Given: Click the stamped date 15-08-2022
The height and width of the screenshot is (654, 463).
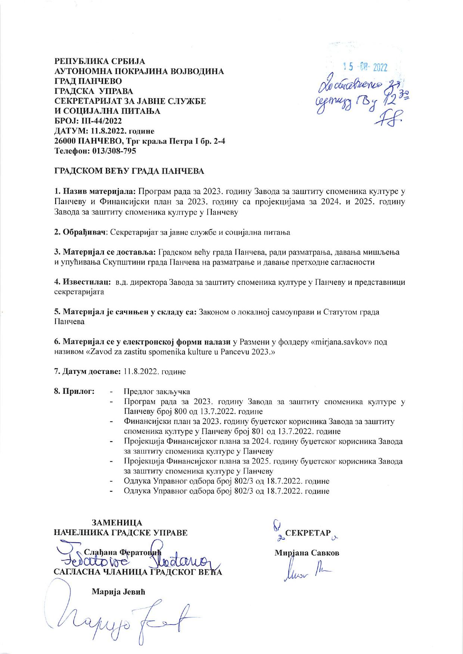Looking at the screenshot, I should click(x=365, y=67).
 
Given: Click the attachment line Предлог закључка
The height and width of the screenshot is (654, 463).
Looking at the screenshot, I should click(x=157, y=392).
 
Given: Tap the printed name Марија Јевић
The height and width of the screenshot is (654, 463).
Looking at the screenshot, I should click(x=118, y=592).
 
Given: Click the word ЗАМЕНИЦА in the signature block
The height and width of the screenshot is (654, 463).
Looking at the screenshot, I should click(x=117, y=523).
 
